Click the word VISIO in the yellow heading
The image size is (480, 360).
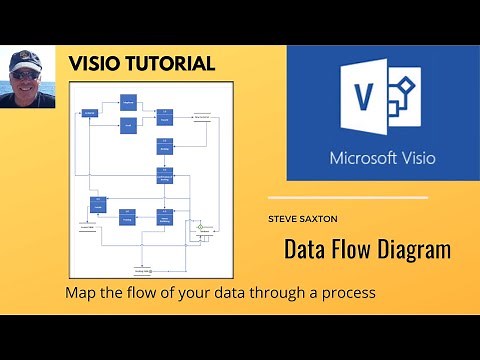tap(92, 64)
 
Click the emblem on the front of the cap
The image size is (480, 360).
tap(23, 58)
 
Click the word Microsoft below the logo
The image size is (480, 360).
tap(363, 158)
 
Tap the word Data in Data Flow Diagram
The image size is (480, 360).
tap(307, 249)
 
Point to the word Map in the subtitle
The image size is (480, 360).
tap(80, 294)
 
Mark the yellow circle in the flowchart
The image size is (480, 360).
tap(199, 227)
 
